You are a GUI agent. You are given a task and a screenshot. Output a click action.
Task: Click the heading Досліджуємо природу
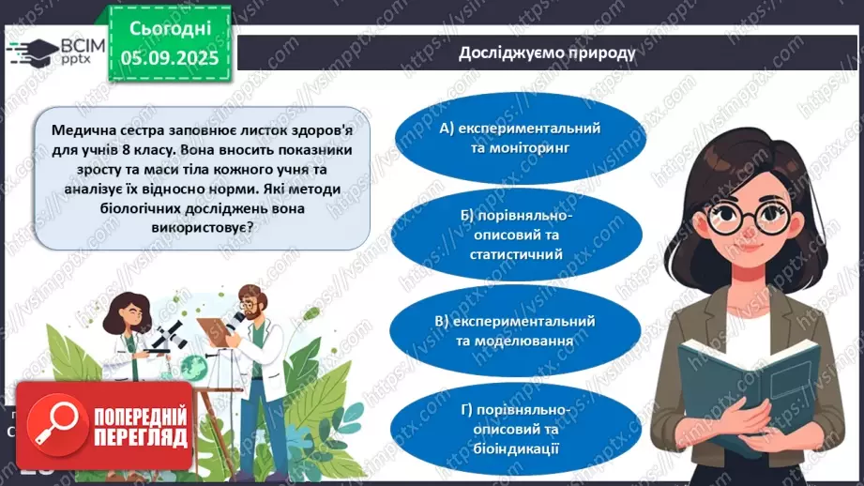tap(546, 53)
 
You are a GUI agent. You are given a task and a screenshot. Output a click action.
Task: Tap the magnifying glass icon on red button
tap(58, 426)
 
